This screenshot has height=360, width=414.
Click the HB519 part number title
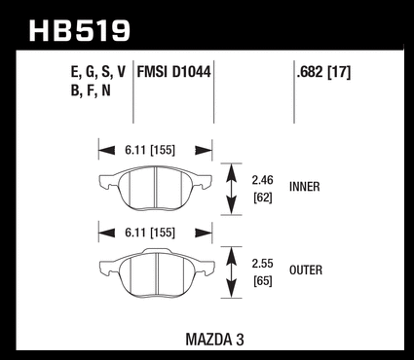80,31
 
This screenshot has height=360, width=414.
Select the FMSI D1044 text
174,72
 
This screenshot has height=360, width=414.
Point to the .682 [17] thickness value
323,72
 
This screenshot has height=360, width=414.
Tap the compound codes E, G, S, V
98,72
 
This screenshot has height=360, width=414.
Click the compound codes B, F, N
91,90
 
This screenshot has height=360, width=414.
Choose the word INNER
305,187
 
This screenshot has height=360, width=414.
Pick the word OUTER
306,270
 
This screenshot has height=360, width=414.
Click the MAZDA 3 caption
214,340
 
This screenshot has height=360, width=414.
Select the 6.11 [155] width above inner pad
150,150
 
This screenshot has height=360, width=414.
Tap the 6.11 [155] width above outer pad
150,233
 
